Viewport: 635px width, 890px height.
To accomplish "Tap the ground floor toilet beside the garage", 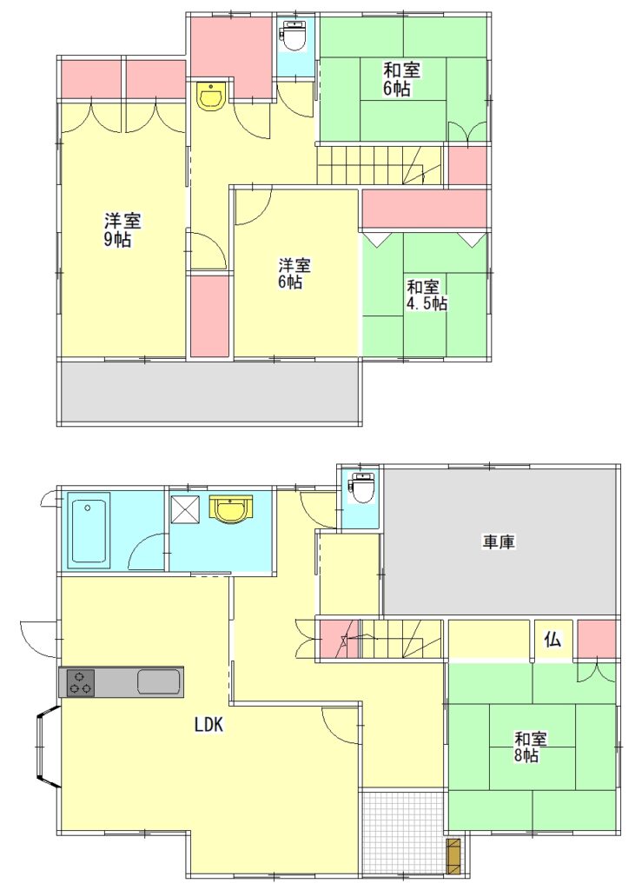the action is tap(360, 487).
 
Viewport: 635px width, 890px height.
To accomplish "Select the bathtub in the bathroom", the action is tap(89, 532).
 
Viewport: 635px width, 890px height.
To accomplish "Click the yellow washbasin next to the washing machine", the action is tap(230, 508).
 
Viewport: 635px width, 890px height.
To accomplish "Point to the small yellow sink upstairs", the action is tap(212, 95).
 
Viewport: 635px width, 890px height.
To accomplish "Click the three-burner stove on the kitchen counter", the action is tap(80, 682).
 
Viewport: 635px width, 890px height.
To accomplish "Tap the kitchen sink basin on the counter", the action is tap(159, 681).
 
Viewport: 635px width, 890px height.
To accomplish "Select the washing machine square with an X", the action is tap(186, 508).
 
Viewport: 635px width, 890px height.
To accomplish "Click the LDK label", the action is tap(210, 725).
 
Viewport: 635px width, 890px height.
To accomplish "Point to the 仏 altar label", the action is tap(553, 641).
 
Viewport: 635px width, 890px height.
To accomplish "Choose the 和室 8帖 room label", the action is tap(531, 747).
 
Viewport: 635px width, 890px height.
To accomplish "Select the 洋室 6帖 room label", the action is tap(294, 273).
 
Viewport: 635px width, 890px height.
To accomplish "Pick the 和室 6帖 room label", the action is tap(402, 79).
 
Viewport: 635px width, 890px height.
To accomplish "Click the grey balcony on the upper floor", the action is tap(208, 392).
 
